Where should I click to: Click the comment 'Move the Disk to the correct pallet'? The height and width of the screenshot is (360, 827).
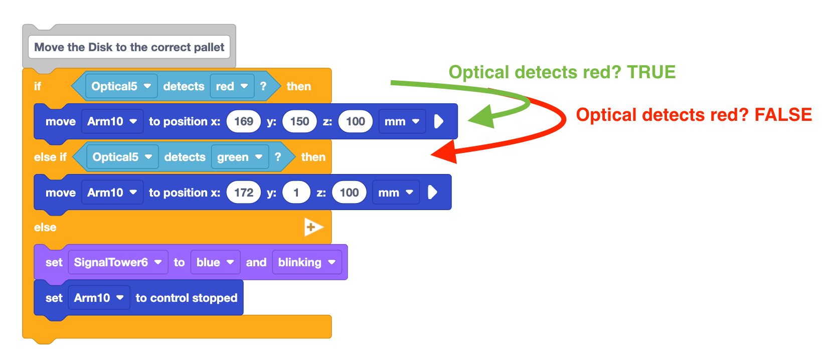click(129, 47)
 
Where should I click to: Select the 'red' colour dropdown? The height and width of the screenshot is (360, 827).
click(232, 86)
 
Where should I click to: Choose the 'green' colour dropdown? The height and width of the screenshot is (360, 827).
click(239, 157)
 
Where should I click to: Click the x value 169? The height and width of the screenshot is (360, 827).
click(244, 121)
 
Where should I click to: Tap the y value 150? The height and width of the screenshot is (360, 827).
click(299, 121)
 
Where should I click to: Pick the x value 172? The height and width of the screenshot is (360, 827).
click(244, 193)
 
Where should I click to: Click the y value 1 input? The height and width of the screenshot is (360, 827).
click(296, 193)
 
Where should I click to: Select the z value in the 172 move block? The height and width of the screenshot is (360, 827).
click(349, 193)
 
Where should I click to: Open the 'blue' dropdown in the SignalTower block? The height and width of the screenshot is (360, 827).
click(215, 262)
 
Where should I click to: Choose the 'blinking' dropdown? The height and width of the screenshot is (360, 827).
click(306, 262)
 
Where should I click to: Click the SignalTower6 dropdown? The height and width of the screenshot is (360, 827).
click(118, 262)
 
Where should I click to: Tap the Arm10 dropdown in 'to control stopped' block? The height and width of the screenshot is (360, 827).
click(99, 298)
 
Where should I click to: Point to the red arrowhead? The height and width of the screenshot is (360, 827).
click(446, 152)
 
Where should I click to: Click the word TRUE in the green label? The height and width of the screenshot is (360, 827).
click(651, 72)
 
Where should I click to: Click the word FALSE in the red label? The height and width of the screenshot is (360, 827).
click(783, 115)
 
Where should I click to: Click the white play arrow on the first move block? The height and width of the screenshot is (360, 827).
click(438, 121)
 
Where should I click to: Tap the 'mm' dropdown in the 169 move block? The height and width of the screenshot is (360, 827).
click(402, 121)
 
